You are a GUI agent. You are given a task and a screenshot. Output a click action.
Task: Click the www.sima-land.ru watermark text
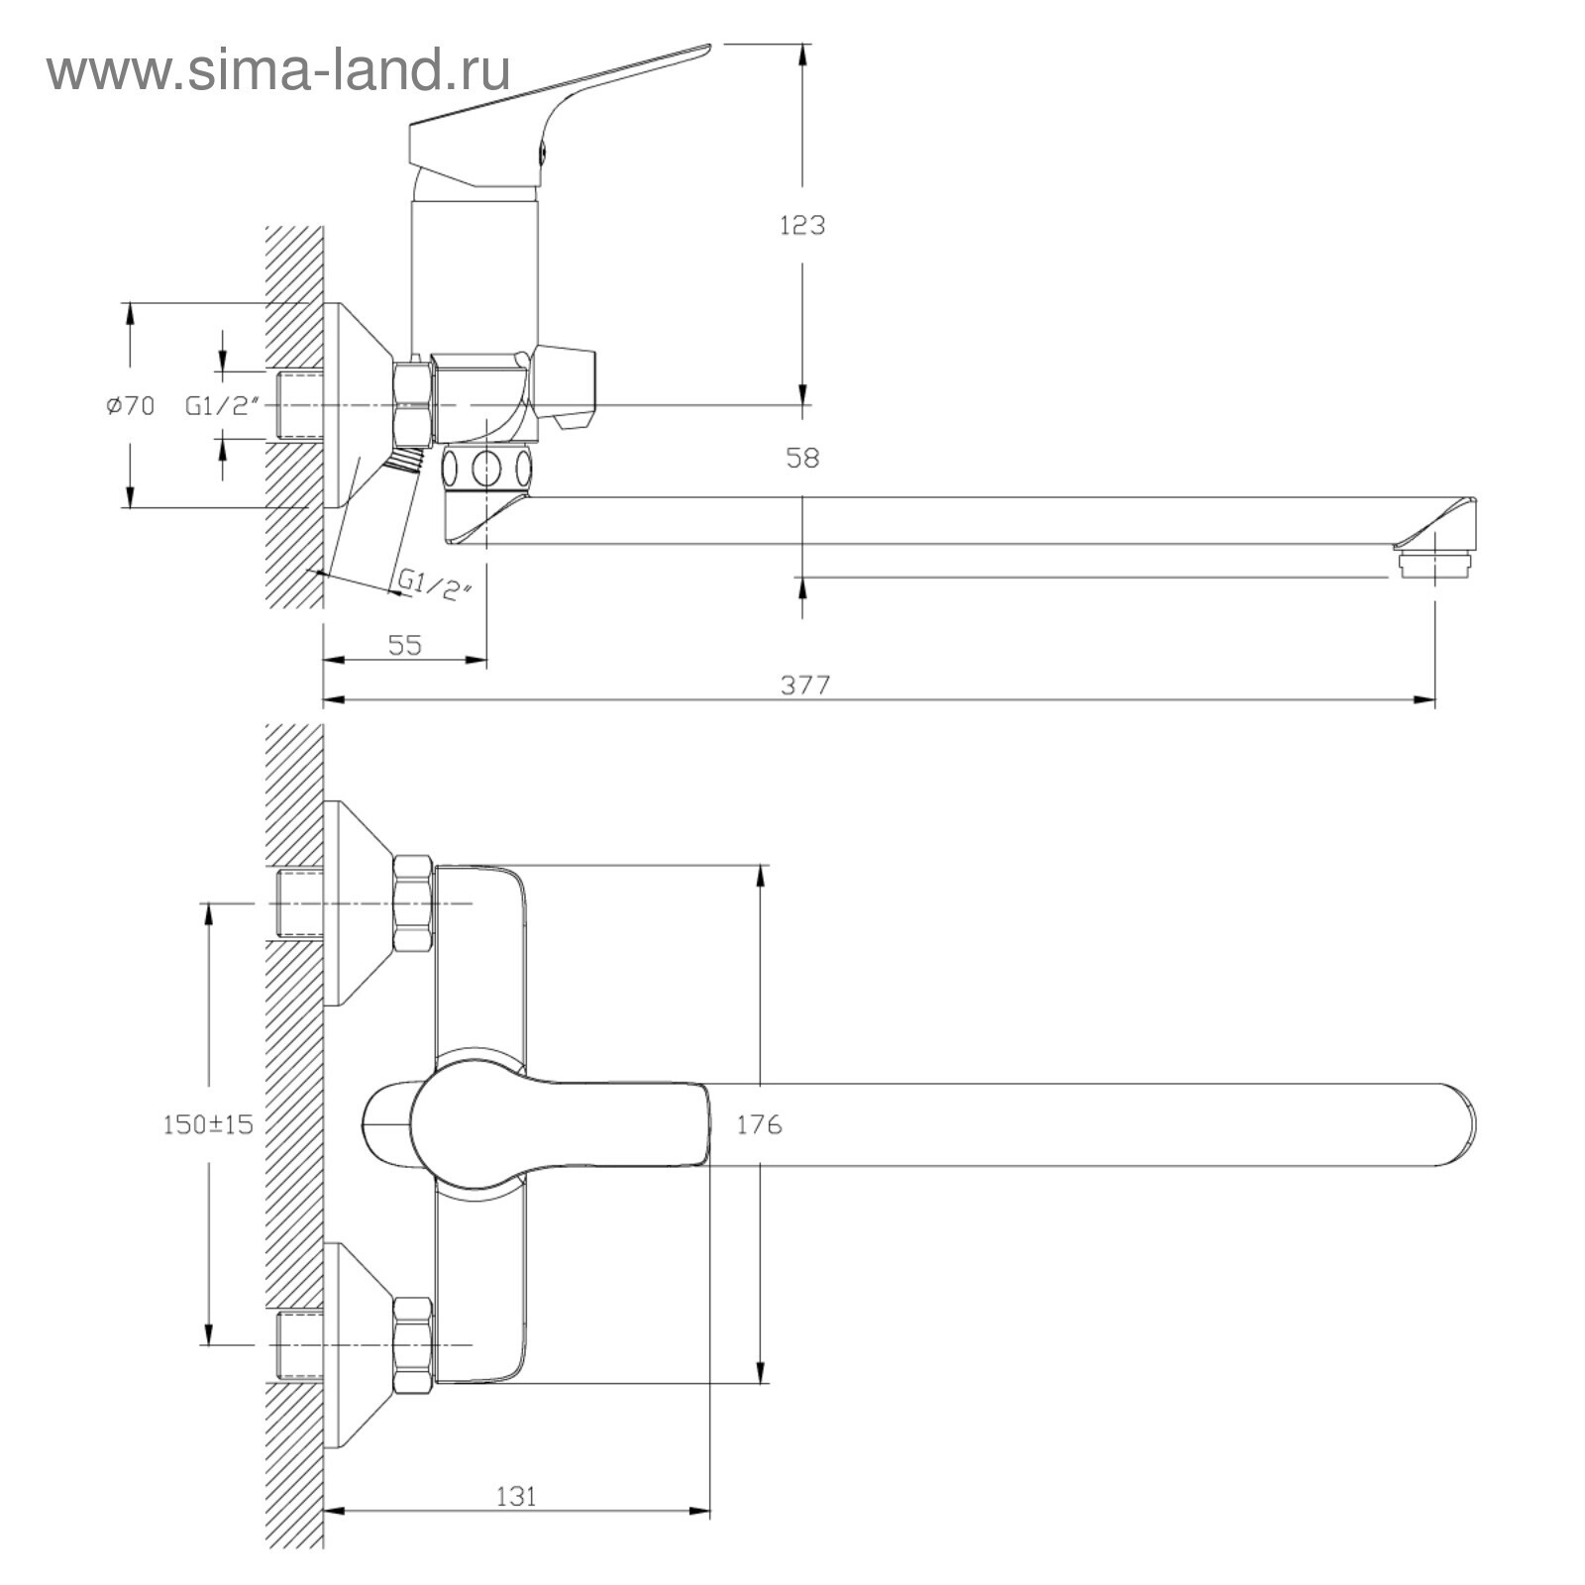278,70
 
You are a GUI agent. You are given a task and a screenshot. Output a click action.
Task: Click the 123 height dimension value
801,226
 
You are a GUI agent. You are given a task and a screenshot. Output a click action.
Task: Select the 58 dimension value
802,459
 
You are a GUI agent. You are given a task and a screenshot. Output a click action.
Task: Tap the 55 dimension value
404,645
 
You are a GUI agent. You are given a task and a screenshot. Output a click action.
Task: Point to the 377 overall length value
805,685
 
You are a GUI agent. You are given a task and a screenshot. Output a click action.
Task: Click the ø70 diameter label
131,405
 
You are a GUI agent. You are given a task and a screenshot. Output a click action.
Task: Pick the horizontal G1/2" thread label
222,405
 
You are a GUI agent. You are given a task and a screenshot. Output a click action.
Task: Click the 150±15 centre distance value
208,1124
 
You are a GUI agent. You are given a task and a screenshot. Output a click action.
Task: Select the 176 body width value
759,1124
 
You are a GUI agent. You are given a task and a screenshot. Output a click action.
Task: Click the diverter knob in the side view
566,387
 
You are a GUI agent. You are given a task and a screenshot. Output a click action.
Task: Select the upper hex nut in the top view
413,903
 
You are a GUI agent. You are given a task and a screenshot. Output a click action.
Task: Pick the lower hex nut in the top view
413,1344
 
